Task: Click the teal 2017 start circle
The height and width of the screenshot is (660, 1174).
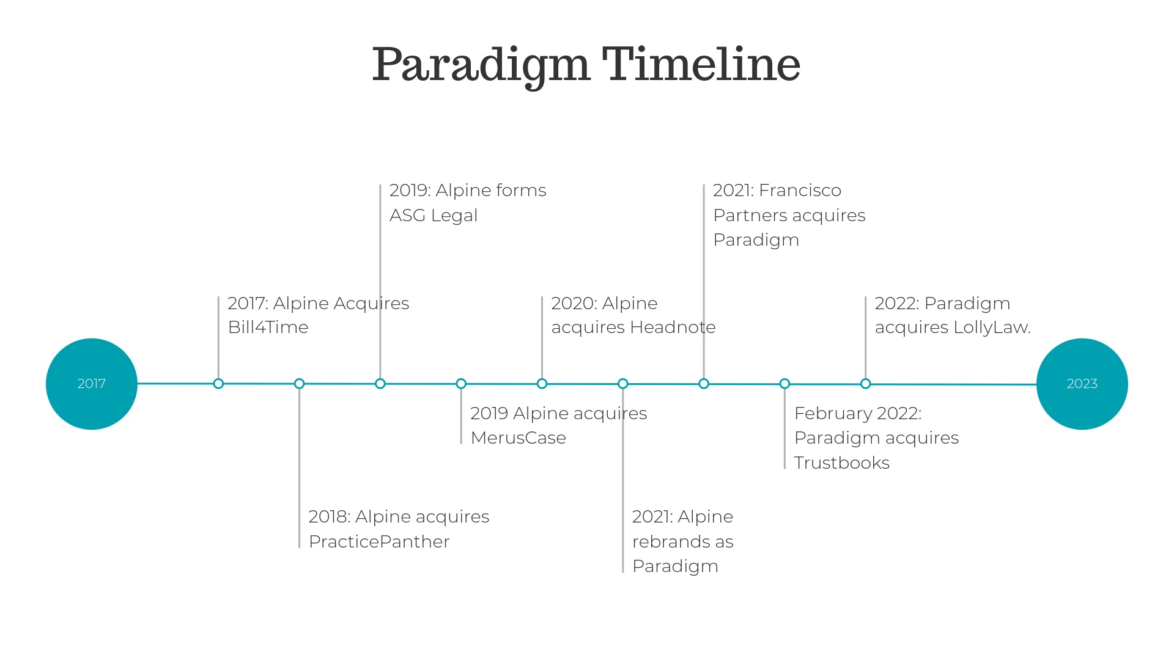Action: pos(92,384)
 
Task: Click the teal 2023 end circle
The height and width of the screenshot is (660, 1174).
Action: pos(1082,384)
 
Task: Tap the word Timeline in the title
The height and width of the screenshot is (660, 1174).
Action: pos(701,65)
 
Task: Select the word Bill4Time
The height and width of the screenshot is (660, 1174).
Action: pos(268,327)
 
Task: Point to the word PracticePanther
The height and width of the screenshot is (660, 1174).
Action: pos(379,541)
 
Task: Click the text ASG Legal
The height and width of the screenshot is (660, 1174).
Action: pos(434,215)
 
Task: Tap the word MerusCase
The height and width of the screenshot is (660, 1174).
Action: pos(519,438)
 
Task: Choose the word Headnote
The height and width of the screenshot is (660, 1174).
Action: pos(673,327)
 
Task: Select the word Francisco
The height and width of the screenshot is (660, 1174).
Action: pos(800,190)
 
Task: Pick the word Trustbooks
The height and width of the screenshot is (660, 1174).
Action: pos(842,463)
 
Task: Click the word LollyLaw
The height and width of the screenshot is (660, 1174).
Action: pos(992,328)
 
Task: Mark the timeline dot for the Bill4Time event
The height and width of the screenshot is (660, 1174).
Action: pos(218,384)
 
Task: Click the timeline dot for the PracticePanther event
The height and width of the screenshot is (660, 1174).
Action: pos(299,384)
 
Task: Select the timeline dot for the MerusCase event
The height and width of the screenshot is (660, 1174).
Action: pos(461,384)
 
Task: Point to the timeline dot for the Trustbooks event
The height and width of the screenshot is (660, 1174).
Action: pos(785,384)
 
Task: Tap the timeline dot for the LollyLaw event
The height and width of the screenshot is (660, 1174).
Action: pos(865,384)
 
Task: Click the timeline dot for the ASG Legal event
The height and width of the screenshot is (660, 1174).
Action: pos(380,384)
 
